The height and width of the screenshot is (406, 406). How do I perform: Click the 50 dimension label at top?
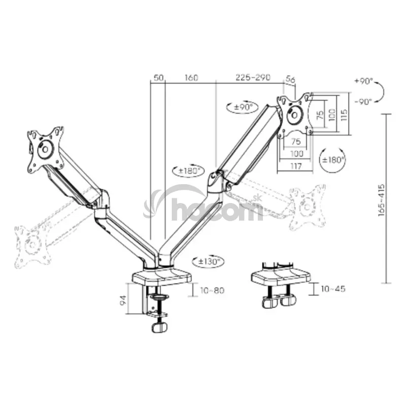click(159, 78)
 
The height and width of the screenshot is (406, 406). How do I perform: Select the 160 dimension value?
click(191, 78)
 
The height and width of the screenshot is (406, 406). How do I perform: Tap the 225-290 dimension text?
click(253, 77)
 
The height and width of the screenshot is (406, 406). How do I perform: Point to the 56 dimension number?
click(290, 79)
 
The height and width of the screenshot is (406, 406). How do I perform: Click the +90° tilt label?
click(363, 81)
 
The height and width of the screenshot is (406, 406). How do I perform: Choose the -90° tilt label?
click(363, 102)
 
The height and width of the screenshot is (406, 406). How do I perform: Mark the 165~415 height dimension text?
click(382, 200)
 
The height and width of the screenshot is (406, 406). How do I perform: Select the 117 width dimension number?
click(296, 166)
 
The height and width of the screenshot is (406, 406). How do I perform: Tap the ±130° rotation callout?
click(208, 261)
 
